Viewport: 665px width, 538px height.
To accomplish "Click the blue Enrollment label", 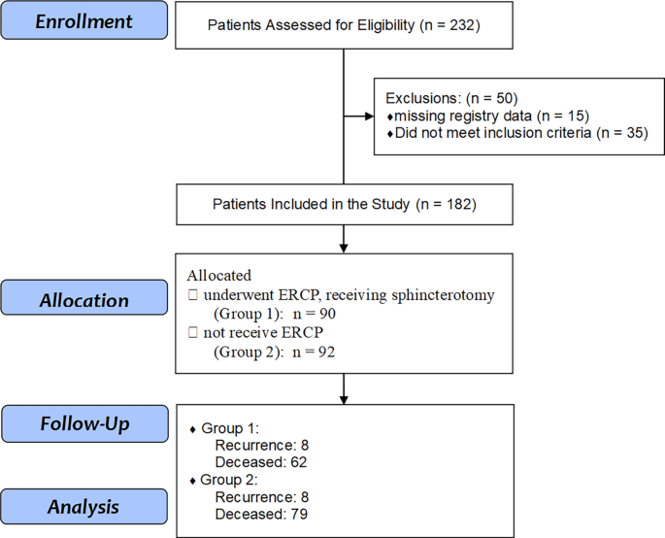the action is pyautogui.click(x=83, y=20).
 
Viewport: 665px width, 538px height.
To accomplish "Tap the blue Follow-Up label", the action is pyautogui.click(x=84, y=423).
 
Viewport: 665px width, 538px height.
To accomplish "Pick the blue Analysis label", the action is pyautogui.click(x=83, y=507).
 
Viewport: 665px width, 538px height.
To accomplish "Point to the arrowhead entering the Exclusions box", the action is pyautogui.click(x=370, y=116).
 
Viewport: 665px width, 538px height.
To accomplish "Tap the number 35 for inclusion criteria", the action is pyautogui.click(x=635, y=133).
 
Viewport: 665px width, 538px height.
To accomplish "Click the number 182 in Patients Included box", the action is pyautogui.click(x=459, y=204).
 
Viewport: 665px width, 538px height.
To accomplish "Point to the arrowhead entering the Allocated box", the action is pyautogui.click(x=344, y=249).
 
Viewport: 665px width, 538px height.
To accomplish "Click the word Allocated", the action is pyautogui.click(x=218, y=276).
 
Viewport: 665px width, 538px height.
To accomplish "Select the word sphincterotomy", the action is pyautogui.click(x=443, y=295).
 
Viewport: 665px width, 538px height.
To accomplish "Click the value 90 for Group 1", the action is pyautogui.click(x=327, y=314).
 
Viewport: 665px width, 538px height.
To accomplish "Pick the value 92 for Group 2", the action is pyautogui.click(x=326, y=352).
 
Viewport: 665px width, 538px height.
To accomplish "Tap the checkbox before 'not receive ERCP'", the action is pyautogui.click(x=193, y=332).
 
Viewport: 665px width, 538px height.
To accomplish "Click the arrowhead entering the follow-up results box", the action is pyautogui.click(x=344, y=400).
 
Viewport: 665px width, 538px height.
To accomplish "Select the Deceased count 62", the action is pyautogui.click(x=299, y=462).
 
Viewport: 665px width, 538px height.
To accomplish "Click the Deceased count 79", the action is pyautogui.click(x=299, y=515).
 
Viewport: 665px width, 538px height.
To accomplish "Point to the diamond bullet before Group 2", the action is pyautogui.click(x=192, y=481).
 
